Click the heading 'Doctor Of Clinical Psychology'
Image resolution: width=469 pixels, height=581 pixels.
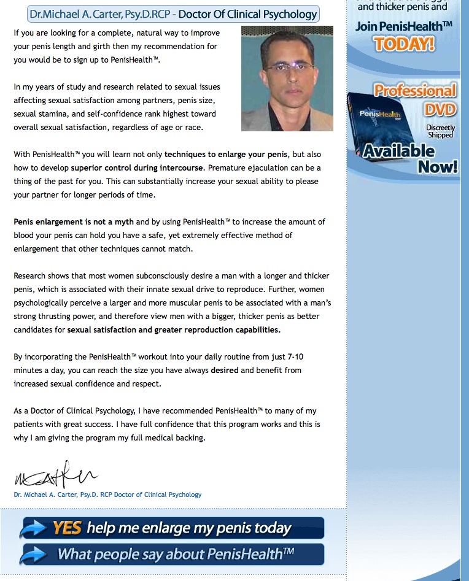click(x=247, y=13)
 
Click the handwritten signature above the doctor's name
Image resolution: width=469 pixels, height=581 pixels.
click(x=55, y=475)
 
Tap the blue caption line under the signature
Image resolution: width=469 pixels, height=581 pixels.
click(x=107, y=494)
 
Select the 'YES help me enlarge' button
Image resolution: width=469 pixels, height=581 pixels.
click(x=172, y=528)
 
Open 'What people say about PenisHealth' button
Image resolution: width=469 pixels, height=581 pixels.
click(x=172, y=555)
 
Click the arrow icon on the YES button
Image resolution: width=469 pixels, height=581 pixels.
click(x=34, y=528)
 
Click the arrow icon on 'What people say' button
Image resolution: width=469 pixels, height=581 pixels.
click(x=34, y=555)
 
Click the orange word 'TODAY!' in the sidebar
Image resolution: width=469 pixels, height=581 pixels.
click(x=404, y=44)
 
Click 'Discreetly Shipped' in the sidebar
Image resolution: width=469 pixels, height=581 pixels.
click(x=441, y=131)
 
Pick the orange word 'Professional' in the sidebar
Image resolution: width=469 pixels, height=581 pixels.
click(x=416, y=91)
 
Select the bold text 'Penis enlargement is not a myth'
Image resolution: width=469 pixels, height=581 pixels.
click(x=74, y=221)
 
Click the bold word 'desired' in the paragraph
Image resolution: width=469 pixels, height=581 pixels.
click(x=225, y=370)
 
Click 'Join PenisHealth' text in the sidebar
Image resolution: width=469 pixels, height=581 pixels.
click(x=398, y=26)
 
